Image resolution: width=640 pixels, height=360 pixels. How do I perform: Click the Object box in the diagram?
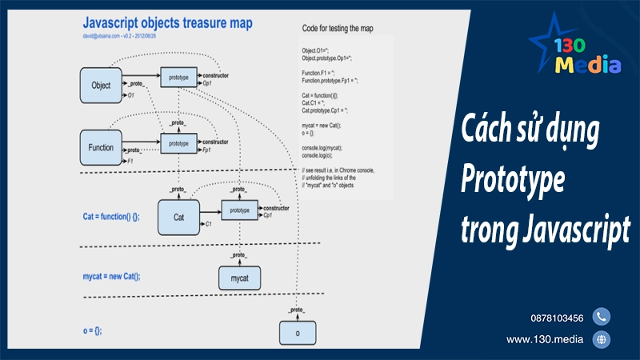pyautogui.click(x=102, y=85)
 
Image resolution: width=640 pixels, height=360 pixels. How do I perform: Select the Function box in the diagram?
pyautogui.click(x=102, y=147)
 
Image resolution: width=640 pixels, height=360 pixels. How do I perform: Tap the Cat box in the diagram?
pyautogui.click(x=178, y=216)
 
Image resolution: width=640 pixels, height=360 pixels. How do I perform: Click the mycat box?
pyautogui.click(x=239, y=278)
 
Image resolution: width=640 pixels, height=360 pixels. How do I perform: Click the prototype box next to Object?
pyautogui.click(x=180, y=78)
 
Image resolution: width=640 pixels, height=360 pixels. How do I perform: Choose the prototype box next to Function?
pyautogui.click(x=180, y=144)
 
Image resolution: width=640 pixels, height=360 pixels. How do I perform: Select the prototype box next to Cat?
pyautogui.click(x=240, y=210)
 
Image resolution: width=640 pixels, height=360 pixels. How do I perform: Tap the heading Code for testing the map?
pyautogui.click(x=347, y=29)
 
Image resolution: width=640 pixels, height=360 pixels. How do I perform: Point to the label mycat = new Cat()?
pyautogui.click(x=116, y=276)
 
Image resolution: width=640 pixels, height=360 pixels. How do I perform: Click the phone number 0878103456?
pyautogui.click(x=556, y=318)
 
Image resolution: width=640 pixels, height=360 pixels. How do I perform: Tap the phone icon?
pyautogui.click(x=601, y=317)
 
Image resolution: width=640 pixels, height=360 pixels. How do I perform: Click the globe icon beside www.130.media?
pyautogui.click(x=601, y=340)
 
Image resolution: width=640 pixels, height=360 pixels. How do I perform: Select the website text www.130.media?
pyautogui.click(x=544, y=340)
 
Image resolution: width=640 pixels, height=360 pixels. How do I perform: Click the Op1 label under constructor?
pyautogui.click(x=207, y=83)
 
